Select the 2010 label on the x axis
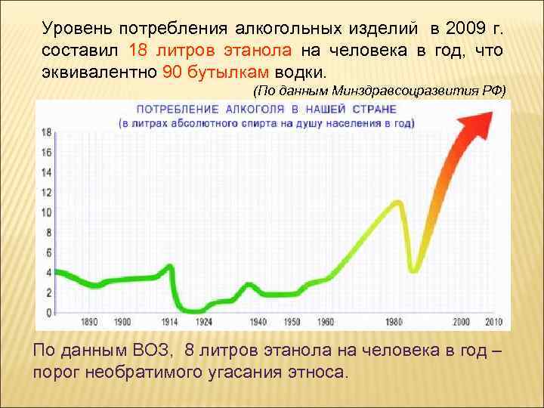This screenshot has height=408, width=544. click(x=493, y=321)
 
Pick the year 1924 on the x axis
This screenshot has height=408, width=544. click(x=203, y=321)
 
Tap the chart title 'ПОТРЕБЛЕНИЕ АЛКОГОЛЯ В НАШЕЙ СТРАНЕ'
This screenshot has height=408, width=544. click(x=266, y=110)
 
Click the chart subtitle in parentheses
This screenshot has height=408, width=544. click(x=266, y=122)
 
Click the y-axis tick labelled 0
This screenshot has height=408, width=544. click(x=48, y=311)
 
